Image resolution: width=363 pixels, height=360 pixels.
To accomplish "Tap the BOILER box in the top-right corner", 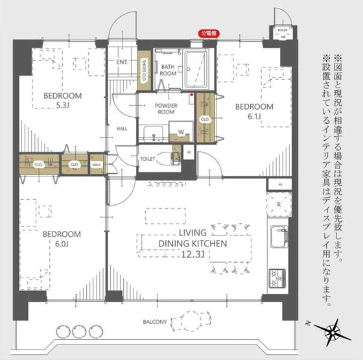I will [283, 33].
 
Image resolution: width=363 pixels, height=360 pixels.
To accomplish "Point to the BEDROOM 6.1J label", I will [253, 111].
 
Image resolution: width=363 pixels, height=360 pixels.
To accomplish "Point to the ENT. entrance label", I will [122, 62].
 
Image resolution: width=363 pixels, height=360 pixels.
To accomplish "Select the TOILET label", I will [148, 158].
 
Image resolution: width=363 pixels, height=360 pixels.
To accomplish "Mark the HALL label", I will [122, 128].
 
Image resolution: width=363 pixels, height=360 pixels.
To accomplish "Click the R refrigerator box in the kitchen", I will [279, 206].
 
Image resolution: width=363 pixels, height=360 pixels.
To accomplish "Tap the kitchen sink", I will [279, 237].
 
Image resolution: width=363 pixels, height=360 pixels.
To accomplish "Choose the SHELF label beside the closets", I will [97, 165].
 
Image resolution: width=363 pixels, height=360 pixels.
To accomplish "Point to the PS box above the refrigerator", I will [280, 184].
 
